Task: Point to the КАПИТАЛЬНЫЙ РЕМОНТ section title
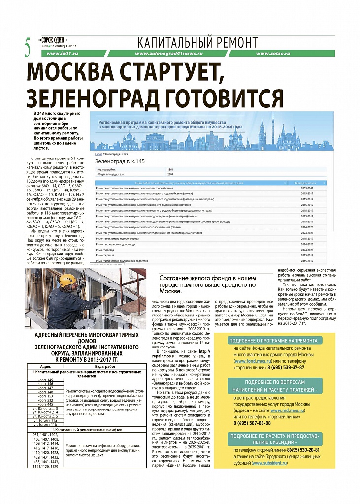click(197, 42)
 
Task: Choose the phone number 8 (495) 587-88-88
click(252, 423)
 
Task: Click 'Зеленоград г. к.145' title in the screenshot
click(120, 161)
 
